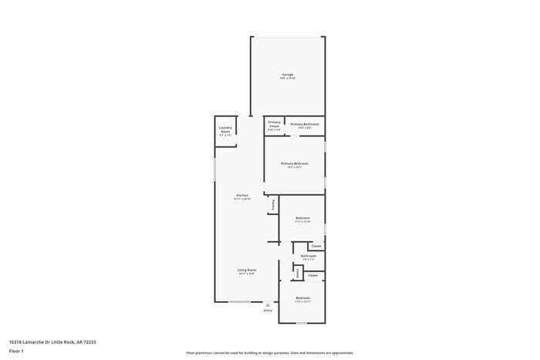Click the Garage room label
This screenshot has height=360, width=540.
point(287,75)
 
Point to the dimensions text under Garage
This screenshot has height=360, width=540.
point(287,79)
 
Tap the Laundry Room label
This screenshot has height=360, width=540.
point(225,130)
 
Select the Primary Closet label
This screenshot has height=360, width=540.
point(274,124)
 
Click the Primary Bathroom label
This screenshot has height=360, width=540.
point(305,124)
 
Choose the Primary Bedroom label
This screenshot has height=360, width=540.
point(294,163)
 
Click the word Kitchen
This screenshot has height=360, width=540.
point(242,195)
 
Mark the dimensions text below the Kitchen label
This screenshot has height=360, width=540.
point(242,199)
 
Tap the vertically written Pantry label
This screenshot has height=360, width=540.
point(272,205)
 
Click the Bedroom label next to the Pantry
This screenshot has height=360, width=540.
point(302,218)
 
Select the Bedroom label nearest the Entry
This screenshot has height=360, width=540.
point(302,298)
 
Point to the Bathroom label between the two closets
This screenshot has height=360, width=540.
point(308,256)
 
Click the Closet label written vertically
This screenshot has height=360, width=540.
point(298,273)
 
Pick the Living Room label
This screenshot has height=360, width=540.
point(247,270)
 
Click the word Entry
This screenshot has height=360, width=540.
point(268,310)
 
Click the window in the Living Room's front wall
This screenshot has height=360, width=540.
point(239,302)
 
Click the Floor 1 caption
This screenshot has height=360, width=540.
point(16,351)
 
